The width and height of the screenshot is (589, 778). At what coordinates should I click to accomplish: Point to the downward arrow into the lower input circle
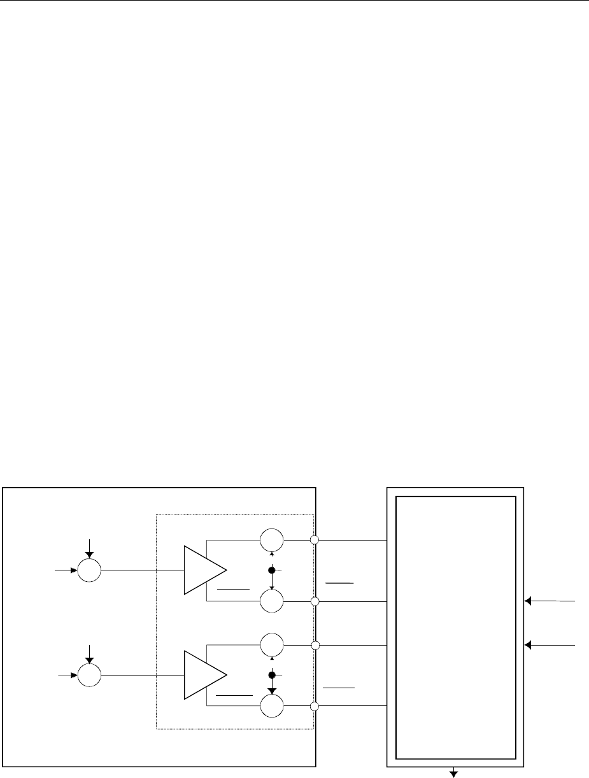tap(89, 654)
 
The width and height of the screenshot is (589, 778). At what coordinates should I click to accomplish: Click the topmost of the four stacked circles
tap(272, 541)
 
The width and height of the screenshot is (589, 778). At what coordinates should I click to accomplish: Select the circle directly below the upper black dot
tap(272, 601)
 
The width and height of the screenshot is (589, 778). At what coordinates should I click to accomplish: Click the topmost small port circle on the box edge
tap(314, 541)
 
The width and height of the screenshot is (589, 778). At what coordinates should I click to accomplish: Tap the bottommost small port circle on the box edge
tap(314, 706)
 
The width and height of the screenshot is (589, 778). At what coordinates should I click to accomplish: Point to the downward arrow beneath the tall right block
tap(455, 772)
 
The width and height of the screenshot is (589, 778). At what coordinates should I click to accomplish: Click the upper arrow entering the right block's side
tap(550, 601)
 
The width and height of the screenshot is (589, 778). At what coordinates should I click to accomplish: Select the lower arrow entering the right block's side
tap(550, 645)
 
